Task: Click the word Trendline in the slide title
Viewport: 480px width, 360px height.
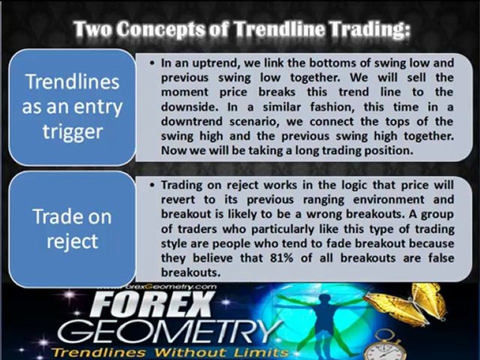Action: (x=279, y=29)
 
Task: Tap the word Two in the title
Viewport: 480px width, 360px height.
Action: (x=93, y=29)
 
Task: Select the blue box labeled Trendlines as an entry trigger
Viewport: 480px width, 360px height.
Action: (x=72, y=107)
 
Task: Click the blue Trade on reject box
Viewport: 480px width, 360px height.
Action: (x=72, y=229)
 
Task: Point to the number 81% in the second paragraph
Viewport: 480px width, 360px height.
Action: (x=281, y=258)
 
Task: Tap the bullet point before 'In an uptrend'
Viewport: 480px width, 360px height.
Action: (x=152, y=63)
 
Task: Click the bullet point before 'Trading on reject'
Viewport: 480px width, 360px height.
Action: (x=152, y=185)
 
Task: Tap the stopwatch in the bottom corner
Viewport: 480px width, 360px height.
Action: (x=386, y=345)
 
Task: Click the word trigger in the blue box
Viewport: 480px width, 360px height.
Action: (x=72, y=132)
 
